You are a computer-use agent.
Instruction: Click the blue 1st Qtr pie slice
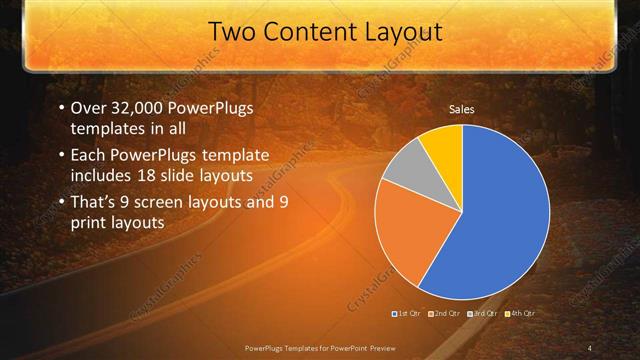pos(500,210)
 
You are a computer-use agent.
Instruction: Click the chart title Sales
pos(461,110)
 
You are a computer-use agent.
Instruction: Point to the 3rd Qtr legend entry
pos(483,314)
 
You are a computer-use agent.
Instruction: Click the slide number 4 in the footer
pos(589,347)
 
